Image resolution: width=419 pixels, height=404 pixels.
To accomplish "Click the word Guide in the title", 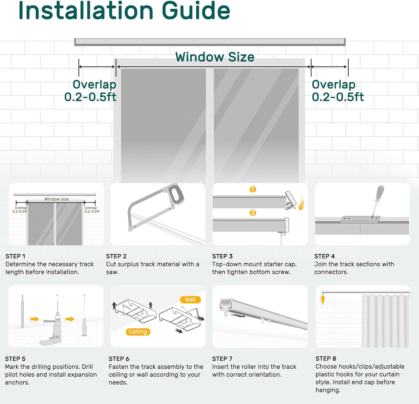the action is click(196, 10).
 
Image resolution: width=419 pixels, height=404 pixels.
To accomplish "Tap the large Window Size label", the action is click(215, 57).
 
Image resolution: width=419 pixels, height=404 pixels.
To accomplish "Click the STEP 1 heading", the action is click(15, 256).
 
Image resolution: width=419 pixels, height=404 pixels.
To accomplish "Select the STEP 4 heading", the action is click(324, 256).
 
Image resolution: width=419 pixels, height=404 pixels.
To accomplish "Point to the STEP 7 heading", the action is click(222, 359).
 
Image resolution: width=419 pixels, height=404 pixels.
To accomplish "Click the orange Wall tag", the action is click(190, 300).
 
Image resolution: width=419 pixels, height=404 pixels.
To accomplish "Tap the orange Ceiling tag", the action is click(138, 332).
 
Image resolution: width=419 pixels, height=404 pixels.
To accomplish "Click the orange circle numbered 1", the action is click(253, 189).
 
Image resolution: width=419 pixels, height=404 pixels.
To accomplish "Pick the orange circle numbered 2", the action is click(253, 213).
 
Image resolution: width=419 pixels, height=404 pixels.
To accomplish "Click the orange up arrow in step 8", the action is click(323, 299).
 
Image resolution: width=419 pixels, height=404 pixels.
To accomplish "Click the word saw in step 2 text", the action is click(112, 272).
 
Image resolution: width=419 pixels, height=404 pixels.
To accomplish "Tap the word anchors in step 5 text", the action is click(17, 383).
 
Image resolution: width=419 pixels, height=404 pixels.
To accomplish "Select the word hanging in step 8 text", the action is click(327, 390).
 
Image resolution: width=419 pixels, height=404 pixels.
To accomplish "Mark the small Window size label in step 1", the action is click(56, 199).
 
